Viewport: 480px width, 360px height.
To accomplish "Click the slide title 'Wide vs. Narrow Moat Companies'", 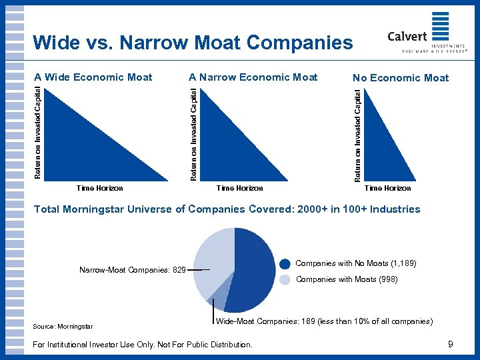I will [193, 43].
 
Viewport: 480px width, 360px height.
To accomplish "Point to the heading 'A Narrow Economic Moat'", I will [253, 77].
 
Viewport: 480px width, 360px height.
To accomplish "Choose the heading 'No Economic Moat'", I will [401, 78].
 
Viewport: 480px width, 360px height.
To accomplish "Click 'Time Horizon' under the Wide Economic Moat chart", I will [100, 188].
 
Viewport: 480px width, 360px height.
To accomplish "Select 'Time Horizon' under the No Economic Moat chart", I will [388, 188].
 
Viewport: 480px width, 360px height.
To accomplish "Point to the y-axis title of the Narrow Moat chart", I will [193, 133].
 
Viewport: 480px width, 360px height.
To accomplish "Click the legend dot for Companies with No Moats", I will [285, 264].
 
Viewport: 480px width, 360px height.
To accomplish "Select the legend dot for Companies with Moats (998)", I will [285, 280].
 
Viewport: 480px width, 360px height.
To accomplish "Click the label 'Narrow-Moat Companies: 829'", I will [132, 270].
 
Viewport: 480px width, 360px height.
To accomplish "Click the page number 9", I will [451, 344].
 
